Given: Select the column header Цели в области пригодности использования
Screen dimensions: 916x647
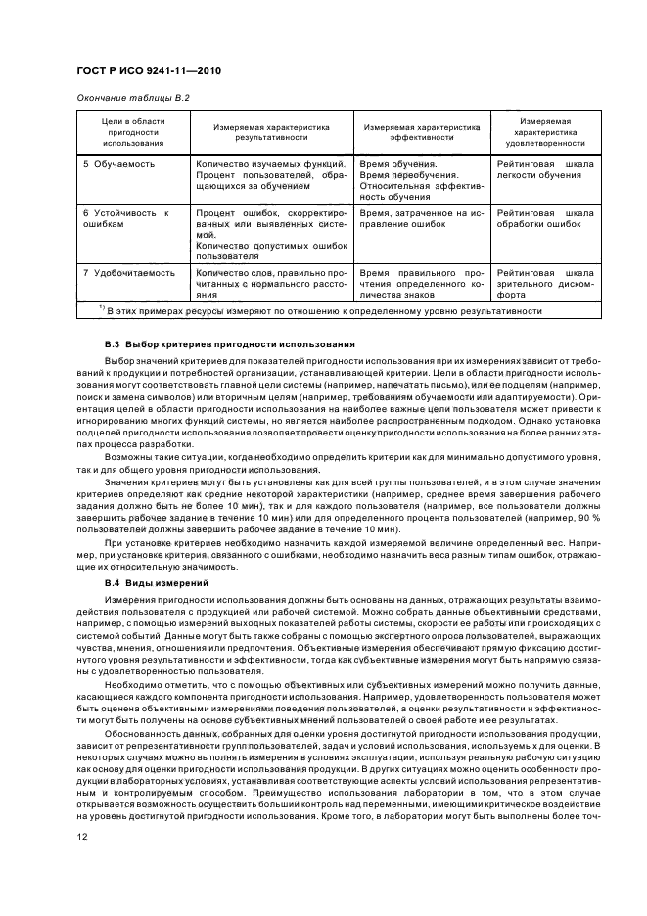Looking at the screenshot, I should (122, 132).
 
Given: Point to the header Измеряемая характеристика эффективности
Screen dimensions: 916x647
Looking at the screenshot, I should (422, 132).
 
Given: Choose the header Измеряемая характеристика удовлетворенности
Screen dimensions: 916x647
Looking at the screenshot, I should (544, 132).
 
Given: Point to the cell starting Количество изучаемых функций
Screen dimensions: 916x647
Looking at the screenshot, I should (270, 174).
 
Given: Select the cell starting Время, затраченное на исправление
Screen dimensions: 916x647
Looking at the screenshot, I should (422, 218).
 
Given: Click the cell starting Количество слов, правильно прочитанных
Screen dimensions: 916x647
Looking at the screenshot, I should (270, 282).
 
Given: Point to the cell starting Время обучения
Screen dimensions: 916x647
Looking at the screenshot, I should (422, 179).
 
